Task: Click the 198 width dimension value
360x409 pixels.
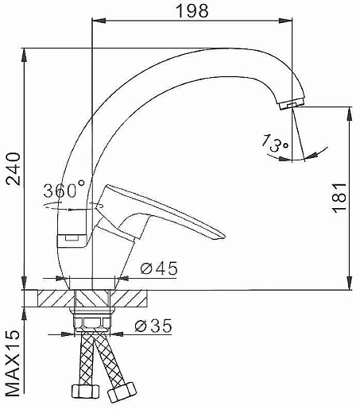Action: click(192, 11)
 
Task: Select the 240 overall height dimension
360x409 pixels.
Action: click(13, 168)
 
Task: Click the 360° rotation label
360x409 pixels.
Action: click(64, 189)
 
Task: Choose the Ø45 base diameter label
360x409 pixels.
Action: click(159, 268)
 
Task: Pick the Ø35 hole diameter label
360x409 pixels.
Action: click(153, 326)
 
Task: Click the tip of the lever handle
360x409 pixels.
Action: click(224, 236)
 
